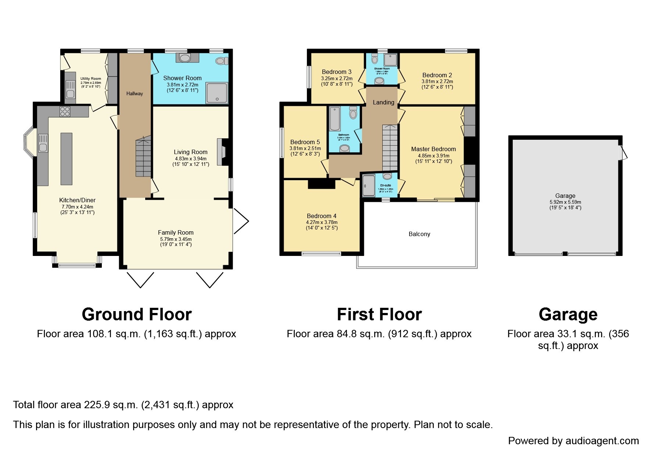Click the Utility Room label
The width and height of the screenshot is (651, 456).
pos(90,79)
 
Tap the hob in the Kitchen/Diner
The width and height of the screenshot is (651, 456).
pos(65,111)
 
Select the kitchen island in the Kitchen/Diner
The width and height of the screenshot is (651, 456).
pos(66,158)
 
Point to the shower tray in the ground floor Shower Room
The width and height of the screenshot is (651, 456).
pos(217,93)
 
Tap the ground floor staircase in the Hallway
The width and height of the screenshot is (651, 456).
pos(143,156)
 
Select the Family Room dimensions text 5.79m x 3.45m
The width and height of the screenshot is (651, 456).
pos(176,239)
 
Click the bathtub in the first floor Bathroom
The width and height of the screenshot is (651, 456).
pos(335,119)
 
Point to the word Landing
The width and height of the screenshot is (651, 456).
pos(383,103)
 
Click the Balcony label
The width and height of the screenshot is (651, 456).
pos(419,234)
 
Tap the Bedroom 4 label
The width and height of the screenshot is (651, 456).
pos(322,216)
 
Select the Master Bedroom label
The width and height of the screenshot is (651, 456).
pos(433,149)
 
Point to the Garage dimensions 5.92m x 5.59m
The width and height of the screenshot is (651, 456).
pos(565,202)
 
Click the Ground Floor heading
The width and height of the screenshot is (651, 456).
pos(136,315)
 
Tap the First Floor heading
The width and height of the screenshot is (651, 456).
pos(379,315)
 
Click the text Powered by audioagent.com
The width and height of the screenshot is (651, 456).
pos(573,441)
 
